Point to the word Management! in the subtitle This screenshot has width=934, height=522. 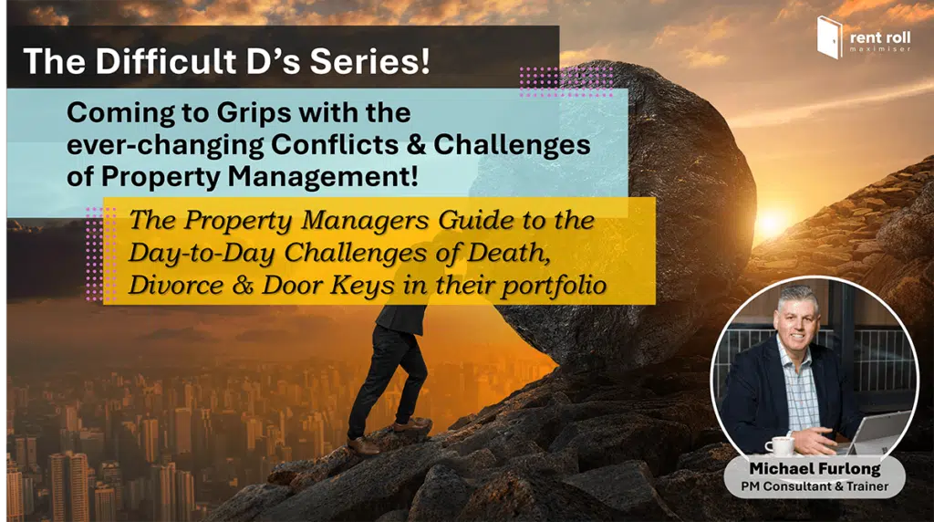pyautogui.click(x=323, y=176)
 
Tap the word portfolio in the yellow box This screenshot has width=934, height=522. pyautogui.click(x=554, y=286)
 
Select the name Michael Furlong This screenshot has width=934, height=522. pyautogui.click(x=815, y=469)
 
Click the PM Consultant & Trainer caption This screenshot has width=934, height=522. pyautogui.click(x=815, y=486)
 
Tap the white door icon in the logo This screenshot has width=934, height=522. pyautogui.click(x=830, y=37)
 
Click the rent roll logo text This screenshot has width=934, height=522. pyautogui.click(x=880, y=40)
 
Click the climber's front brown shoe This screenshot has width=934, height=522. pyautogui.click(x=411, y=425)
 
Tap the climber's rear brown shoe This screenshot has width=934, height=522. pyautogui.click(x=363, y=445)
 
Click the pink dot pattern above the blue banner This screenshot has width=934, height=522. pyautogui.click(x=566, y=81)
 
